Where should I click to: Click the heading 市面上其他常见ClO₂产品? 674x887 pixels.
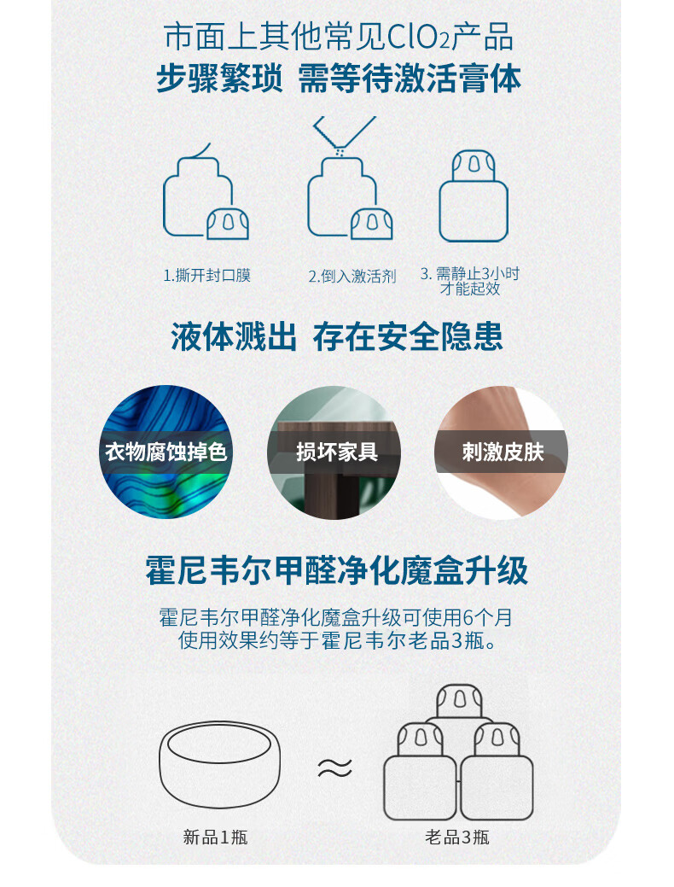(338, 38)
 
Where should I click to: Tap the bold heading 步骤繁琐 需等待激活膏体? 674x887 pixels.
(338, 78)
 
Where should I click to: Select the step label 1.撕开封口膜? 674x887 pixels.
(206, 276)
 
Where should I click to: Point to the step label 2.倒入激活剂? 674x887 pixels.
(352, 276)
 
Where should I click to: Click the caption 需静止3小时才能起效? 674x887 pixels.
(470, 281)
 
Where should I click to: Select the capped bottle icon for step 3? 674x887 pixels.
(474, 195)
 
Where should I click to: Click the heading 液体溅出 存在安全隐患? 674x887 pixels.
(337, 336)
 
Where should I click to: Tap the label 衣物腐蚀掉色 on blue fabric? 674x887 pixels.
(166, 452)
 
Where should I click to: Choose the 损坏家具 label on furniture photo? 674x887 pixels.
(337, 452)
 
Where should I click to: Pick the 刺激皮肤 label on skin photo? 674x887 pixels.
(503, 452)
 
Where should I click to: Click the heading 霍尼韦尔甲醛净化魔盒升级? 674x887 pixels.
(337, 569)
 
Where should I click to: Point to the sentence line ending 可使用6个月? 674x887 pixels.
(336, 617)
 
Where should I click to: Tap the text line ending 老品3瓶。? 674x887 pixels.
(338, 640)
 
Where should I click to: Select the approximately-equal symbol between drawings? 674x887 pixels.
(334, 767)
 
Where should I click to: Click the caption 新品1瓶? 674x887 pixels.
(216, 837)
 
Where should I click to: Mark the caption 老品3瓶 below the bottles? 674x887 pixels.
(457, 837)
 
